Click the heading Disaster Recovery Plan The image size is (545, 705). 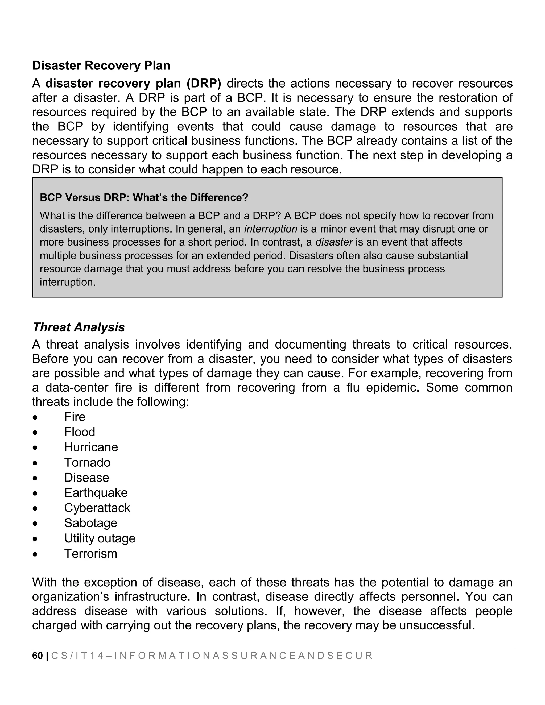pyautogui.click(x=101, y=65)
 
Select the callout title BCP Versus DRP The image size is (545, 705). pyautogui.click(x=144, y=197)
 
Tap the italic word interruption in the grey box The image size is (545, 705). pyautogui.click(x=271, y=229)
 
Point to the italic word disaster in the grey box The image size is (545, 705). pyautogui.click(x=334, y=242)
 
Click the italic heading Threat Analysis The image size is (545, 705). pyautogui.click(x=79, y=327)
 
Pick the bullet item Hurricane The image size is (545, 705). pyautogui.click(x=91, y=447)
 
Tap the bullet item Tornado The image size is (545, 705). pyautogui.click(x=87, y=462)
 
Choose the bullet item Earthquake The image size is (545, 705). pyautogui.click(x=96, y=493)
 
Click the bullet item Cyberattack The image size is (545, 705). pyautogui.click(x=97, y=508)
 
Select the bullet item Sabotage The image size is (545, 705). pyautogui.click(x=90, y=523)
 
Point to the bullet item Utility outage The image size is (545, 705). pyautogui.click(x=100, y=538)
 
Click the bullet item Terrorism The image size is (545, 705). pyautogui.click(x=90, y=554)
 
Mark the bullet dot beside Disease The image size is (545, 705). pyautogui.click(x=35, y=478)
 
